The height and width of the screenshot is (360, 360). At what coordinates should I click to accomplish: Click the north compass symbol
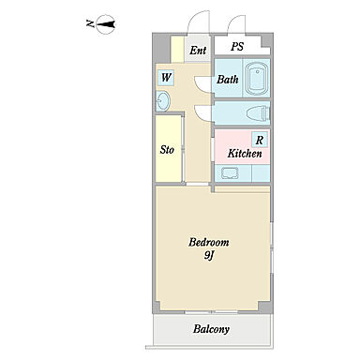[x=105, y=24]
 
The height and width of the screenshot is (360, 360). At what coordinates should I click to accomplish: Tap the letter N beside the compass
[x=90, y=23]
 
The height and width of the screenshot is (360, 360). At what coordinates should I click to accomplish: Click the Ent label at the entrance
[x=198, y=50]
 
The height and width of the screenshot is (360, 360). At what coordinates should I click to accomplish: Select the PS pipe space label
[x=237, y=47]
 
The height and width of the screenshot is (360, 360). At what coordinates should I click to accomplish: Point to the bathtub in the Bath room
[x=257, y=79]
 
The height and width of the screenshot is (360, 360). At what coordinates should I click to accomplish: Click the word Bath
[x=228, y=80]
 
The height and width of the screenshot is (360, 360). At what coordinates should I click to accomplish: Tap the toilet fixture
[x=258, y=112]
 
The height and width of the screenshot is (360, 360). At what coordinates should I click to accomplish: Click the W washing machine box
[x=166, y=77]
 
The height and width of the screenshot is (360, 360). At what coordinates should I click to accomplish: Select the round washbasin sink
[x=163, y=101]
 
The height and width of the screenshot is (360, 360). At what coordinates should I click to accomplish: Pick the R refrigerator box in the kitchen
[x=260, y=140]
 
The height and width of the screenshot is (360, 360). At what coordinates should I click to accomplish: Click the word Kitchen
[x=245, y=153]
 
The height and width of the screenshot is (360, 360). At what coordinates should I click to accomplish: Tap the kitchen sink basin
[x=230, y=172]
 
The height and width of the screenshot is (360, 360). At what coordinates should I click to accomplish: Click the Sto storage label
[x=167, y=150]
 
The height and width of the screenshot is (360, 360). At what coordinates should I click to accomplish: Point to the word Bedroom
[x=209, y=242]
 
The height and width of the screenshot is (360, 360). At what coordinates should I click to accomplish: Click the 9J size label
[x=209, y=256]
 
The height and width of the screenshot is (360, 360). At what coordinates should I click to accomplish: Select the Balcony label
[x=211, y=329]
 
